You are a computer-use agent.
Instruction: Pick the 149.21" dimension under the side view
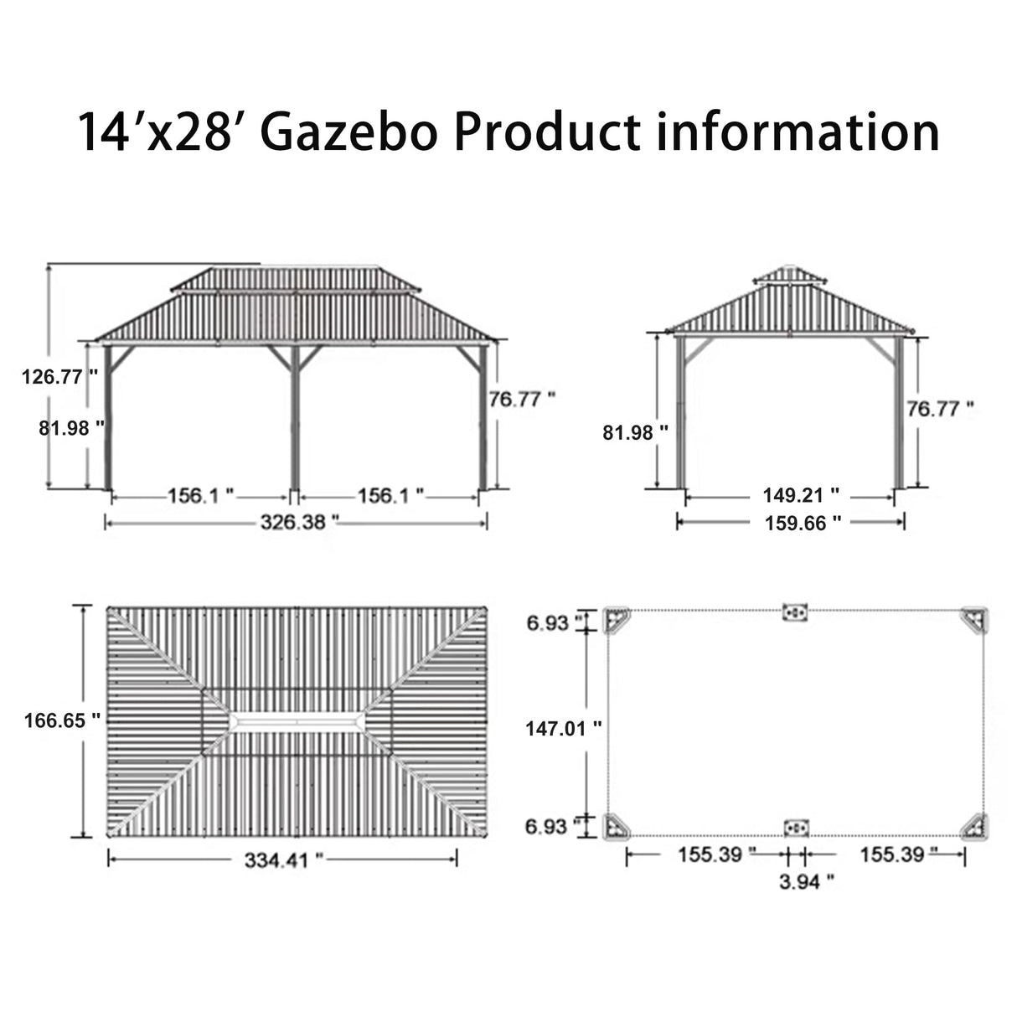coord(800,495)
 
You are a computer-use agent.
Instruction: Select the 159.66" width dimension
coord(803,524)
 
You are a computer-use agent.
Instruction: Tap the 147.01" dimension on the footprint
coord(563,729)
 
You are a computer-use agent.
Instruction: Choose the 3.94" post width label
coord(806,880)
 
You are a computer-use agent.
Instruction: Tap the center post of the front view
coord(295,419)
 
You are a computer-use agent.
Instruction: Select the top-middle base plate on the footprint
coord(794,613)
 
